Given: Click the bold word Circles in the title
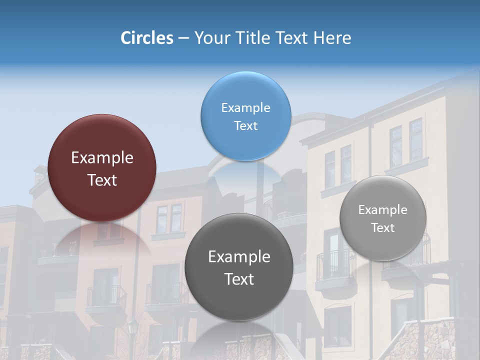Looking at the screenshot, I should click(x=146, y=38).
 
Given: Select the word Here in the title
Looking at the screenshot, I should click(x=332, y=38).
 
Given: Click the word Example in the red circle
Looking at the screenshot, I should click(x=102, y=158).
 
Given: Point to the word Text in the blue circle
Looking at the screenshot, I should click(x=245, y=125).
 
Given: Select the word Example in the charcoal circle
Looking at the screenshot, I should click(x=239, y=257).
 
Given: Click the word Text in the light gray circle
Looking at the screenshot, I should click(x=383, y=228).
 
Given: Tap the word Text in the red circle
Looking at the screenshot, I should click(x=102, y=180).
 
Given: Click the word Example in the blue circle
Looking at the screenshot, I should click(x=245, y=108).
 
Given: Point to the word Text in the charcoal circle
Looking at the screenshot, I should click(x=239, y=279).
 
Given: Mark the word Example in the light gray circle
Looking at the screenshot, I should click(x=383, y=210).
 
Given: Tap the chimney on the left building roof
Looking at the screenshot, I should click(x=38, y=172).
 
